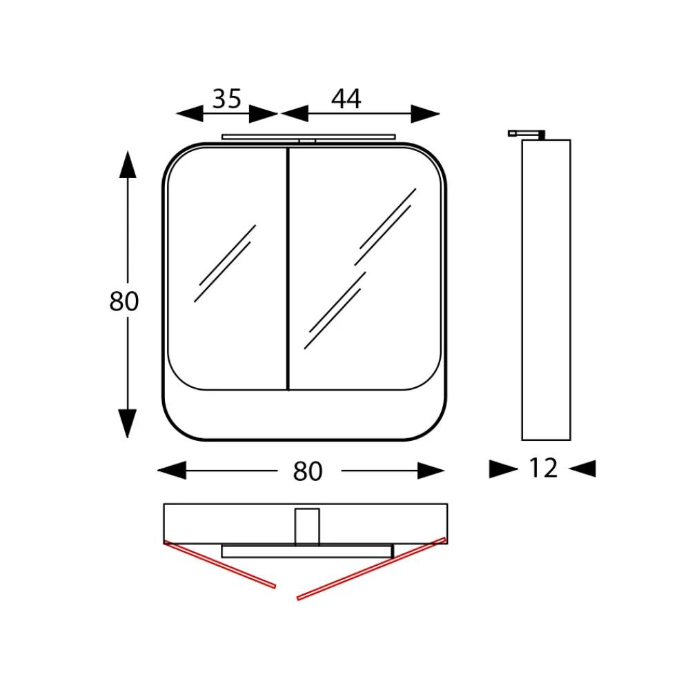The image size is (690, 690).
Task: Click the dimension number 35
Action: (227, 99)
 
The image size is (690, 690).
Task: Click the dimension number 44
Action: (346, 99)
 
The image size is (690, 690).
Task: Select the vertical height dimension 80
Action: (124, 302)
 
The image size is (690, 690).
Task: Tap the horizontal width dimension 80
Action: (308, 471)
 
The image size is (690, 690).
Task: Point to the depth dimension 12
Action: (543, 469)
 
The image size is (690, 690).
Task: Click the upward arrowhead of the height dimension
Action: (128, 166)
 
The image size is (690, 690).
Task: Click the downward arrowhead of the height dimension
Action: (128, 422)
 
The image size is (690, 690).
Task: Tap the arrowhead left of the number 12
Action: (503, 469)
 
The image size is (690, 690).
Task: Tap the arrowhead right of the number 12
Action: (582, 469)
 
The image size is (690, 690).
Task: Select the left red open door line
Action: (219, 565)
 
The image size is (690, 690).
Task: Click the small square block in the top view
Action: (307, 526)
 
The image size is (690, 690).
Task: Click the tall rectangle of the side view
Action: (546, 290)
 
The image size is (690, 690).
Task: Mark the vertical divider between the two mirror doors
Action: (288, 269)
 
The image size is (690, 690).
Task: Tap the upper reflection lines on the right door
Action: (386, 227)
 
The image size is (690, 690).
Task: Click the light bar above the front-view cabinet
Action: (308, 137)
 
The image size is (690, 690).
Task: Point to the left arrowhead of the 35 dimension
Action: (190, 114)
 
